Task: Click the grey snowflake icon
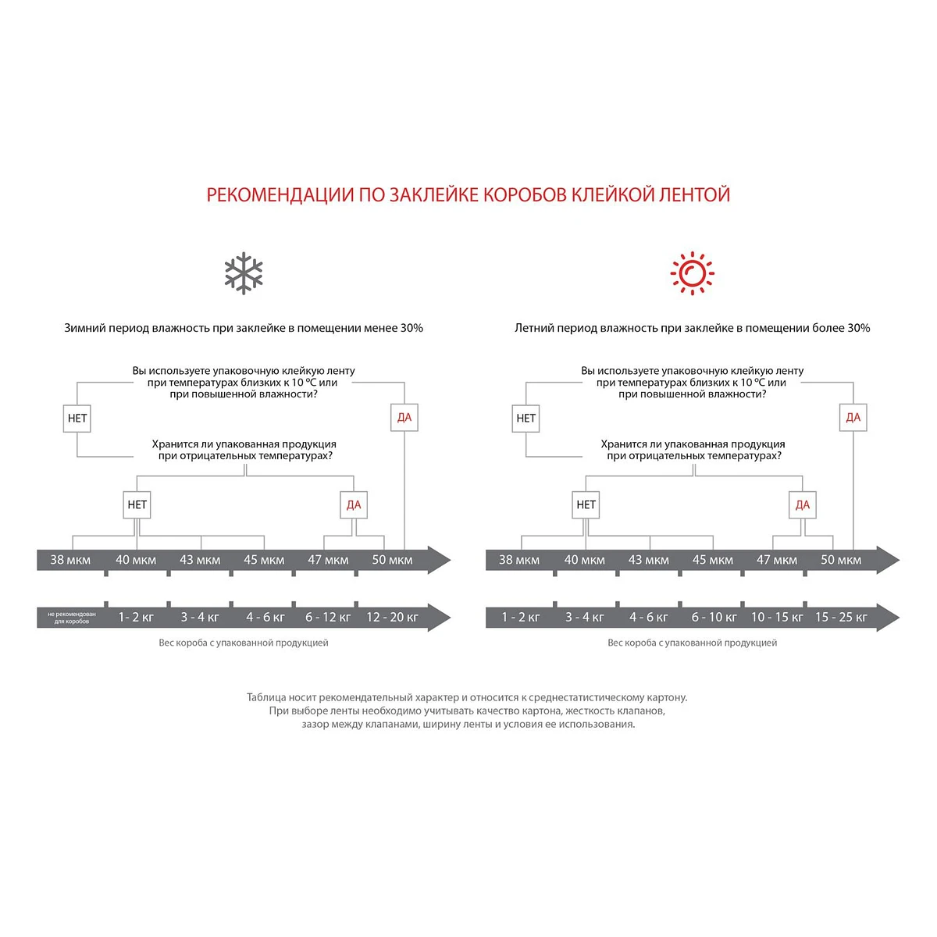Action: point(244,273)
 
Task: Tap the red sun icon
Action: point(692,273)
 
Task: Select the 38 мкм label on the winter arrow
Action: point(70,560)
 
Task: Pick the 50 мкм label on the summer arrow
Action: point(841,560)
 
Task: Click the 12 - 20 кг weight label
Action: point(392,617)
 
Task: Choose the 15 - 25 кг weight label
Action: point(841,617)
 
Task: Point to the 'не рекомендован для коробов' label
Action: point(72,618)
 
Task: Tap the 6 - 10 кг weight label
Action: point(714,617)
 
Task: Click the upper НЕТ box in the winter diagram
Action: point(77,418)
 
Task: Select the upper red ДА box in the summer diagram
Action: point(853,418)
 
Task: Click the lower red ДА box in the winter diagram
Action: point(354,504)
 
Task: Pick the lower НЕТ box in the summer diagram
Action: point(586,504)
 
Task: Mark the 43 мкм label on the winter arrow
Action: point(200,560)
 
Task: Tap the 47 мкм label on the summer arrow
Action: point(777,560)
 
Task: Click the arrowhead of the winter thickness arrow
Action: point(439,560)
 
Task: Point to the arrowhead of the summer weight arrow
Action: point(888,617)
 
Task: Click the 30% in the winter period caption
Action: point(411,328)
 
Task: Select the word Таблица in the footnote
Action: point(266,697)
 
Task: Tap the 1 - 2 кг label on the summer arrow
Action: point(521,617)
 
